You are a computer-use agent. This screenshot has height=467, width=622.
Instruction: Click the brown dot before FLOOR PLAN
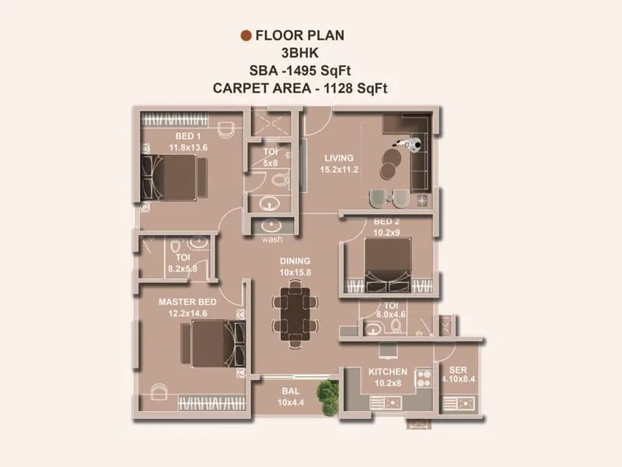click(246, 35)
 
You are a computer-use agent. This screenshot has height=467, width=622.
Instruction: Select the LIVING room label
click(339, 158)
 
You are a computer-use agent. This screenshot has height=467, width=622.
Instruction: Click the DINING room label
click(295, 262)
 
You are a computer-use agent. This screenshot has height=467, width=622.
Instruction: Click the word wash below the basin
click(273, 239)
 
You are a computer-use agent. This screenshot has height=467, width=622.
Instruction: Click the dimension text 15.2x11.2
click(339, 169)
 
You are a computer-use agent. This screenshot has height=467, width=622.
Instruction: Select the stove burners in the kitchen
click(424, 378)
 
